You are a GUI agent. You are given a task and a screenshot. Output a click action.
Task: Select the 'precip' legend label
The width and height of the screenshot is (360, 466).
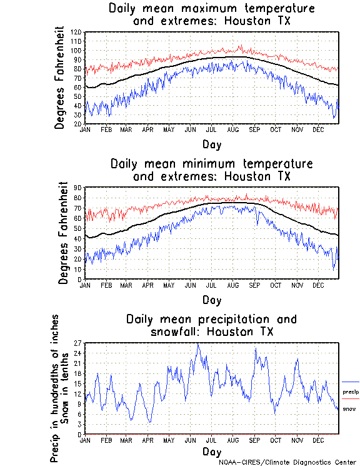coord(351,392)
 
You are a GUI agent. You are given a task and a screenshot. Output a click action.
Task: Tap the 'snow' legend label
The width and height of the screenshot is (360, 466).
coord(349,409)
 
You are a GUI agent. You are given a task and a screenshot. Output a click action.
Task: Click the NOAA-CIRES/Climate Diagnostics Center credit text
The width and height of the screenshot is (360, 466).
coord(289,462)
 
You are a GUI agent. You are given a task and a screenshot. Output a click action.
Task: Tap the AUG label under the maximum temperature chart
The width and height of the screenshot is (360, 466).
coord(232,129)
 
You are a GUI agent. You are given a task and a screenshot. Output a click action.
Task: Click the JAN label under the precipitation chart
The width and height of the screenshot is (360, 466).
coord(86,440)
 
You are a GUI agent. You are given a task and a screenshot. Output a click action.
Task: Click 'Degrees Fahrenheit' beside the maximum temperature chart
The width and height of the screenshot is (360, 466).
coord(60,78)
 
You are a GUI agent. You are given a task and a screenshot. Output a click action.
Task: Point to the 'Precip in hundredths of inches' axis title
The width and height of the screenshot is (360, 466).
coord(56,388)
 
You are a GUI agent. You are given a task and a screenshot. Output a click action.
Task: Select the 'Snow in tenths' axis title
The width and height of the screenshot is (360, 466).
coord(66,388)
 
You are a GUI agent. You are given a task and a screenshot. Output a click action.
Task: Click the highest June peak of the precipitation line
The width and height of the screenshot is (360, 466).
coord(198,343)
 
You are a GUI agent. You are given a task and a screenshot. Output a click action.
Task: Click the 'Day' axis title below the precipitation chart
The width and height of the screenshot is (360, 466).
coord(211,451)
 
